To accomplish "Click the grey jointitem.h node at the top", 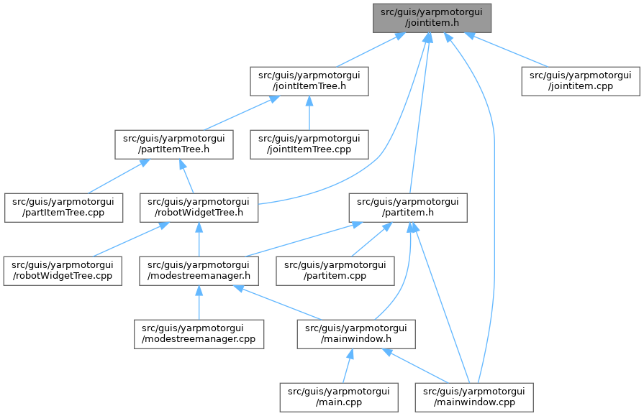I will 432,17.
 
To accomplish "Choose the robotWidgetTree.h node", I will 199,207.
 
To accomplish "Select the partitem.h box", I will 408,207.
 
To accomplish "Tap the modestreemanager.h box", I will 199,270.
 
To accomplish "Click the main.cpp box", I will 338,397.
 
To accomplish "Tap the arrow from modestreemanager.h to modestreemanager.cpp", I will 198,302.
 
